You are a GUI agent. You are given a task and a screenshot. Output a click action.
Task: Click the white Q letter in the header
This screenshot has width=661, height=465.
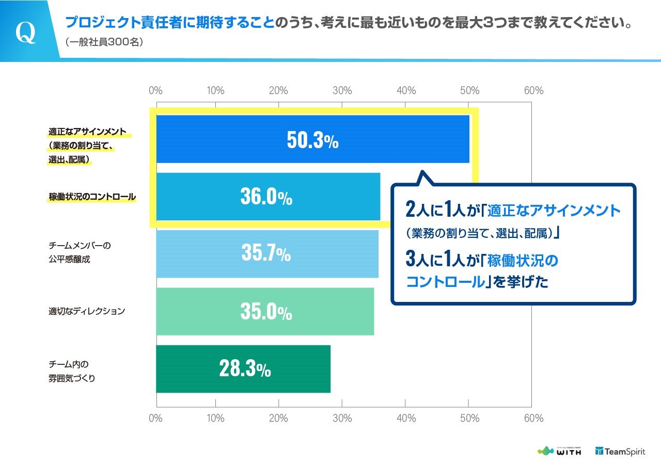[x=26, y=33]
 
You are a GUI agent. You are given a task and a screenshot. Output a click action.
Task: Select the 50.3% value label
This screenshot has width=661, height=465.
[x=312, y=140]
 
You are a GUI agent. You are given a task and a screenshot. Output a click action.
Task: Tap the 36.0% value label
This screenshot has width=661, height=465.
[x=266, y=197]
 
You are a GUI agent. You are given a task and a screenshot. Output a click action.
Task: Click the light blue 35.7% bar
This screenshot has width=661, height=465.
[x=267, y=254]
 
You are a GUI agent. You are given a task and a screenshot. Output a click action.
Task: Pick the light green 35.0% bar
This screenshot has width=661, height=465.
[x=265, y=311]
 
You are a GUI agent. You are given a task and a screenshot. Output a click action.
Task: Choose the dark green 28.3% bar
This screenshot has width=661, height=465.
[x=243, y=369]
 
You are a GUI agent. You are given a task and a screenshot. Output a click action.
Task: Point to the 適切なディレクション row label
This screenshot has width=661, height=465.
[x=87, y=311]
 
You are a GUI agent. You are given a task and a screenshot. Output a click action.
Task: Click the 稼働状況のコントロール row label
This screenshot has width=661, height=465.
[x=92, y=197]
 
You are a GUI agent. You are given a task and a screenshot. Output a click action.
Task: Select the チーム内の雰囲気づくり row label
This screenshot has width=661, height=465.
[x=72, y=371]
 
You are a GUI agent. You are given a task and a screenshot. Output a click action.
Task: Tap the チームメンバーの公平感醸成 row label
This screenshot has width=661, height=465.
[x=80, y=252]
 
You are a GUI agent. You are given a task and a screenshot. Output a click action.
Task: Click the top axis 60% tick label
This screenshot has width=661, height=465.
[x=533, y=90]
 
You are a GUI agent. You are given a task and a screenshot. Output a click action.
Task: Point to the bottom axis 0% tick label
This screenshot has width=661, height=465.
[x=155, y=418]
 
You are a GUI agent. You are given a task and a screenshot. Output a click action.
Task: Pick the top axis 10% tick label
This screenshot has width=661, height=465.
[x=215, y=90]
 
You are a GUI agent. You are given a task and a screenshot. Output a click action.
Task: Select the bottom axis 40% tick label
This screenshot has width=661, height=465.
[x=406, y=418]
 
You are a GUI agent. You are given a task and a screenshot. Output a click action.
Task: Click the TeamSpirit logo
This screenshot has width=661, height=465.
[x=620, y=452]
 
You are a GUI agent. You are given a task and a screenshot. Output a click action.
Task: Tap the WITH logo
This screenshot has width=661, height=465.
[x=559, y=451]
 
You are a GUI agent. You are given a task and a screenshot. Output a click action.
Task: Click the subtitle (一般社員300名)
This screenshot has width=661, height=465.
[x=104, y=42]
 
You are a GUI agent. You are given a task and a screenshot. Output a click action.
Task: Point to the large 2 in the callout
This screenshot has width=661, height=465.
[x=411, y=209]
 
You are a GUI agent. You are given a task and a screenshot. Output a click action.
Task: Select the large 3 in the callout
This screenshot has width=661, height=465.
[x=411, y=258]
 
